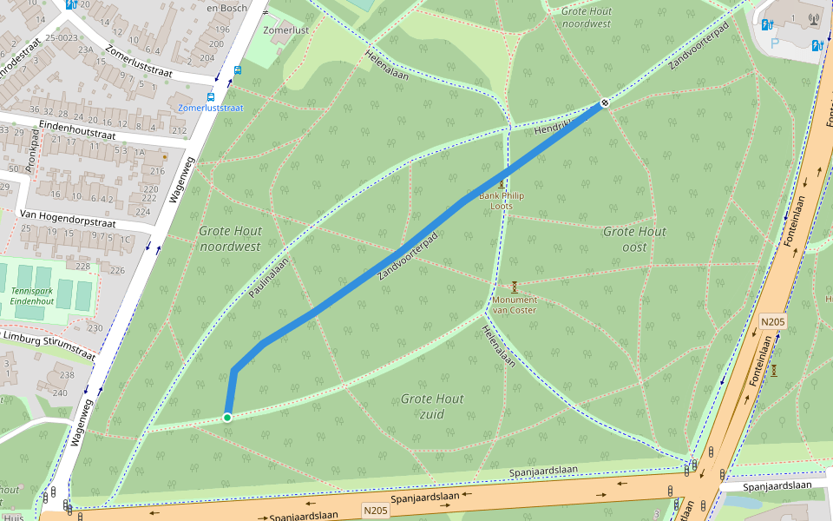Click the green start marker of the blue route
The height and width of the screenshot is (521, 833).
tap(227, 418)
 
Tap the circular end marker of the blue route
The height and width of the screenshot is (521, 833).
tap(604, 104)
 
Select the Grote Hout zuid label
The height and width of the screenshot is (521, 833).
tap(432, 406)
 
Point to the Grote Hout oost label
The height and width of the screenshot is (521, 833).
tap(634, 239)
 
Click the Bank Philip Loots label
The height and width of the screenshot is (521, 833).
tap(502, 201)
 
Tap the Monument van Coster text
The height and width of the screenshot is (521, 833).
tap(515, 305)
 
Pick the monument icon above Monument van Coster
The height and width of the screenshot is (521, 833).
tap(515, 287)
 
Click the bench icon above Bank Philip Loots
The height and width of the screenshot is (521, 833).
tap(502, 183)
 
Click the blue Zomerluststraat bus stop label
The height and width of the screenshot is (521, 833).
tap(211, 109)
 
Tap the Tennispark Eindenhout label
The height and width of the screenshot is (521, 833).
tap(33, 295)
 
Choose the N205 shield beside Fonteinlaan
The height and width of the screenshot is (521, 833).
tap(772, 322)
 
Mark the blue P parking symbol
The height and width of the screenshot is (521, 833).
tap(775, 43)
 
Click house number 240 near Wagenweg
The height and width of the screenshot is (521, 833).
tap(59, 392)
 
